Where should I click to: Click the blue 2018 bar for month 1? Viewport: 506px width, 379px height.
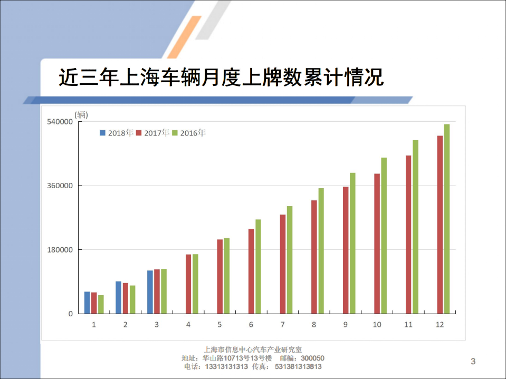pyautogui.click(x=87, y=303)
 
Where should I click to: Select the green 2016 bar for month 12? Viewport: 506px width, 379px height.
pyautogui.click(x=447, y=219)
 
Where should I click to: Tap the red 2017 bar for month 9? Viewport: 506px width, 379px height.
pyautogui.click(x=346, y=250)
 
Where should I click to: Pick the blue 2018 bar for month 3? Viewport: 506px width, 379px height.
pyautogui.click(x=150, y=292)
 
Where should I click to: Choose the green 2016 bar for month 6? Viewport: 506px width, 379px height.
pyautogui.click(x=258, y=266)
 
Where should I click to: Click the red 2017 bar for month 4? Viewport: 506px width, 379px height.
pyautogui.click(x=188, y=284)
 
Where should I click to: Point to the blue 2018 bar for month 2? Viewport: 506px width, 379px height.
pyautogui.click(x=119, y=297)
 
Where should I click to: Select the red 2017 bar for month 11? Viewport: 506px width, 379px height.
pyautogui.click(x=408, y=234)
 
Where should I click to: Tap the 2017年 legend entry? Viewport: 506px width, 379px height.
pyautogui.click(x=152, y=133)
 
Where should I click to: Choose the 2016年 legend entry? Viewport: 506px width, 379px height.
pyautogui.click(x=188, y=133)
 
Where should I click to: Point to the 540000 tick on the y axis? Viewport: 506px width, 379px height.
pyautogui.click(x=60, y=122)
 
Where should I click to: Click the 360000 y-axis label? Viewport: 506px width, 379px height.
pyautogui.click(x=60, y=186)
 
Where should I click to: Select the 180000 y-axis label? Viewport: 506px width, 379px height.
pyautogui.click(x=60, y=250)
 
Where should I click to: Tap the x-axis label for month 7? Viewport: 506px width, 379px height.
pyautogui.click(x=283, y=324)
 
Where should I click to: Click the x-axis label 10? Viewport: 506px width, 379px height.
pyautogui.click(x=377, y=324)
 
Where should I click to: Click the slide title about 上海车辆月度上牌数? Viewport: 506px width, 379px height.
pyautogui.click(x=221, y=78)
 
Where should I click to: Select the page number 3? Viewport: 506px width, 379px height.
pyautogui.click(x=473, y=361)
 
